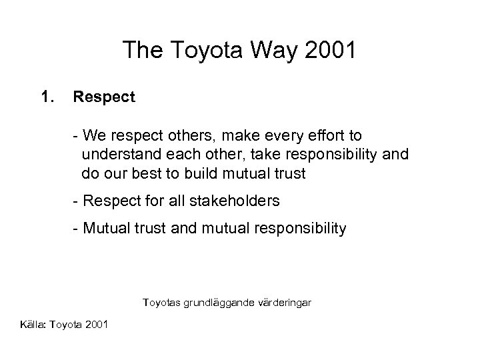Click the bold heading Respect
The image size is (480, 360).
tap(105, 97)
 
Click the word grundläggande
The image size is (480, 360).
tap(216, 303)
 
